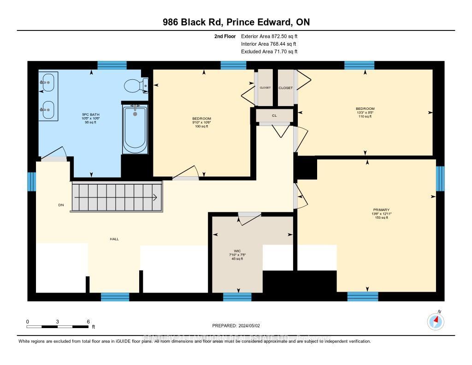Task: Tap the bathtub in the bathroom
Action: (x=135, y=129)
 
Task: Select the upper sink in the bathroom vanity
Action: (x=48, y=83)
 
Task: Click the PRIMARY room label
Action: (x=381, y=210)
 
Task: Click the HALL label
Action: (x=114, y=239)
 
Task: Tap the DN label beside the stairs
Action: (x=60, y=205)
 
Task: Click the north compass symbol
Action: (x=435, y=321)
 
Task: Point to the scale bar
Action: (x=58, y=327)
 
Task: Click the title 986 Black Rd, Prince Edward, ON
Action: (x=236, y=23)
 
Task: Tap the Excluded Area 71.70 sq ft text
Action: (x=269, y=52)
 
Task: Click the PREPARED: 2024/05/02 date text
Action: (x=236, y=325)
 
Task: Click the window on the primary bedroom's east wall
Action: (x=440, y=178)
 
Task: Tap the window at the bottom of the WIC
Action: (x=237, y=297)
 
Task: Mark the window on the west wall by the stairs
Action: (x=31, y=181)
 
